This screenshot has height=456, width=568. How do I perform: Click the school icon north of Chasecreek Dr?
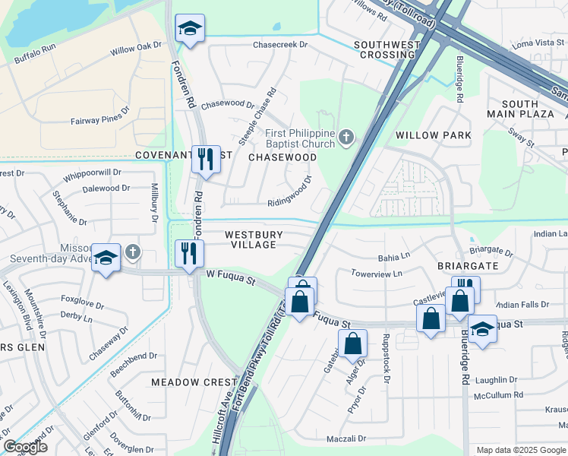(189, 30)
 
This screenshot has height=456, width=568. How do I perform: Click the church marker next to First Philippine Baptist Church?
(346, 138)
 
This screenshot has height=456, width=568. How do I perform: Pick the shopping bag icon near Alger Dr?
(353, 344)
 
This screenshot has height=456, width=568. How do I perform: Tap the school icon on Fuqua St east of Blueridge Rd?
(482, 329)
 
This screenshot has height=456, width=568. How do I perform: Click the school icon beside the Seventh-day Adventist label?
(106, 258)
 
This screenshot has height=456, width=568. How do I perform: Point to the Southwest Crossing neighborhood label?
(387, 50)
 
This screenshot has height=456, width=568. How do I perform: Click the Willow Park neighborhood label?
(433, 135)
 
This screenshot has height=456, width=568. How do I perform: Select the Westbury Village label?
(254, 240)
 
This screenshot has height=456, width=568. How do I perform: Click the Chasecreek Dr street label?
(279, 45)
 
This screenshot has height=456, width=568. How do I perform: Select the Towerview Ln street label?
(377, 273)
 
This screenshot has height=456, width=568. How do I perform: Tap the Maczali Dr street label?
(346, 439)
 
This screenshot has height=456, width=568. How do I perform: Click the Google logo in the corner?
(25, 447)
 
